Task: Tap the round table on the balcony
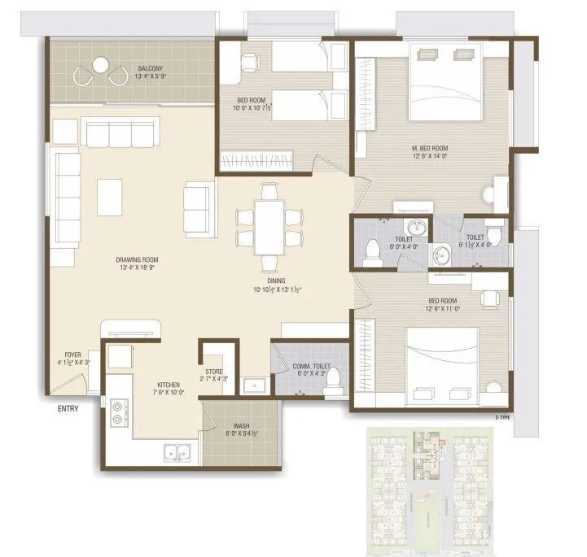click(100, 64)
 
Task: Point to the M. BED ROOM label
click(431, 148)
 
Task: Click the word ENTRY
click(68, 408)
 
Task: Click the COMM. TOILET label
click(312, 367)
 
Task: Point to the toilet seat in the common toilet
click(331, 389)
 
